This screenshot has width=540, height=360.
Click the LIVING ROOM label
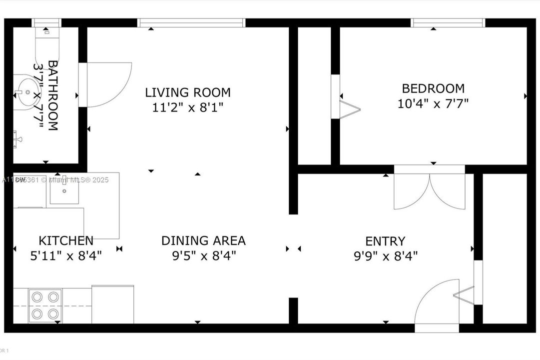tap(188, 92)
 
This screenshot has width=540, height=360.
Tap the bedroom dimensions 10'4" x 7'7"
tap(433, 103)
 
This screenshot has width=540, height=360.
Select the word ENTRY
tap(385, 241)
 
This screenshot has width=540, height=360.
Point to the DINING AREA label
tap(203, 240)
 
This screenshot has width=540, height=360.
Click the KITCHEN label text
tap(66, 240)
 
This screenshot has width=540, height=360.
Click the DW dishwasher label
tap(20, 180)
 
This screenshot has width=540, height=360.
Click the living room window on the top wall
tap(191, 22)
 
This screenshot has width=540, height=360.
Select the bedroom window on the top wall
tap(448, 22)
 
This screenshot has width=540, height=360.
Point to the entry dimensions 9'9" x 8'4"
tap(385, 256)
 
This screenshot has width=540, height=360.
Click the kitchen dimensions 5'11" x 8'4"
tap(66, 256)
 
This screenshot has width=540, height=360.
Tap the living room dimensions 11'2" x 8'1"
tap(188, 107)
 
